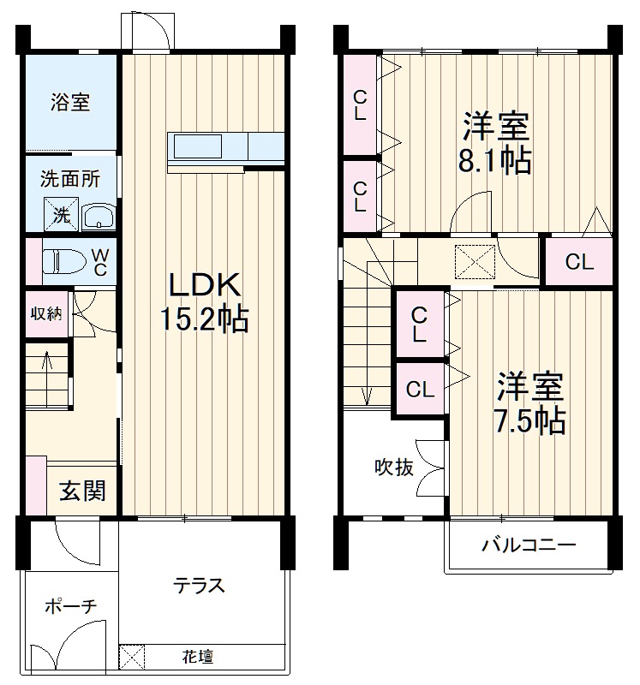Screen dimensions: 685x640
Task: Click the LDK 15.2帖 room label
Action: point(204,301)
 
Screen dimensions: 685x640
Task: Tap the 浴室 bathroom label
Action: point(70,104)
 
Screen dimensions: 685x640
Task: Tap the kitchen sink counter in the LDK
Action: point(199,147)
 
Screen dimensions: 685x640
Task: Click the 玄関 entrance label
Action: point(82,491)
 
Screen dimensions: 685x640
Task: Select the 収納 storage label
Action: point(47,313)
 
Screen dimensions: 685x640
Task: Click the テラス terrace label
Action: point(199,586)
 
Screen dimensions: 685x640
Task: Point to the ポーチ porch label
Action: point(70,606)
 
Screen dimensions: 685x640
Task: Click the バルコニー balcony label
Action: point(528,545)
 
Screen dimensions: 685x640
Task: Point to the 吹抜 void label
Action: point(394,467)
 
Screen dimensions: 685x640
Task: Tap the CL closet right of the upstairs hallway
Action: point(579,262)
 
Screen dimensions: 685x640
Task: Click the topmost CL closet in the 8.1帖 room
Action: point(361,105)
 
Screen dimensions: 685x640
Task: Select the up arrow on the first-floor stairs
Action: point(46,364)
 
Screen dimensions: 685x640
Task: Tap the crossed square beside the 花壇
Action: point(132,658)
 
